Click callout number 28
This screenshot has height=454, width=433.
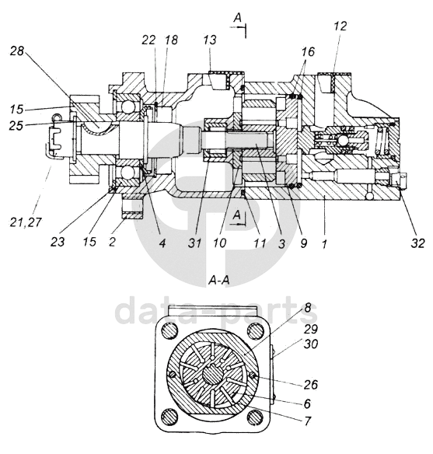pyautogui.click(x=17, y=51)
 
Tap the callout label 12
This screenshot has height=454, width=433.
pyautogui.click(x=340, y=26)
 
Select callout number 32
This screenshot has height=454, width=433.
pyautogui.click(x=417, y=243)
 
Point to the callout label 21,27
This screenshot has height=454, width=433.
pyautogui.click(x=26, y=222)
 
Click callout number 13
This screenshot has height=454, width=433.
pyautogui.click(x=210, y=40)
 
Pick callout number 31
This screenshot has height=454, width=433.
pyautogui.click(x=194, y=243)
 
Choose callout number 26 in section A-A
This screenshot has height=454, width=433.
pyautogui.click(x=311, y=385)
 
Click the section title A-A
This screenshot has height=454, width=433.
pyautogui.click(x=219, y=280)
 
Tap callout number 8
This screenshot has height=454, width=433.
pyautogui.click(x=307, y=308)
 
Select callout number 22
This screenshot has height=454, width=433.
pyautogui.click(x=148, y=40)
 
